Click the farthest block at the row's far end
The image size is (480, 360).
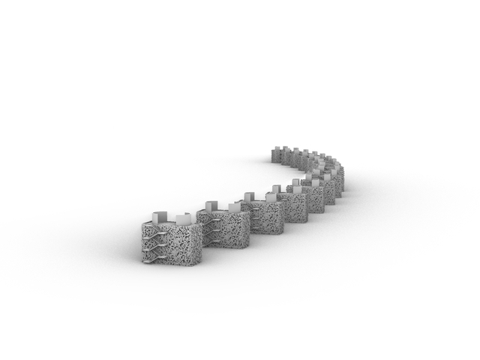(x=277, y=156)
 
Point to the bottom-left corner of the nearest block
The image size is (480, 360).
(x=143, y=260)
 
